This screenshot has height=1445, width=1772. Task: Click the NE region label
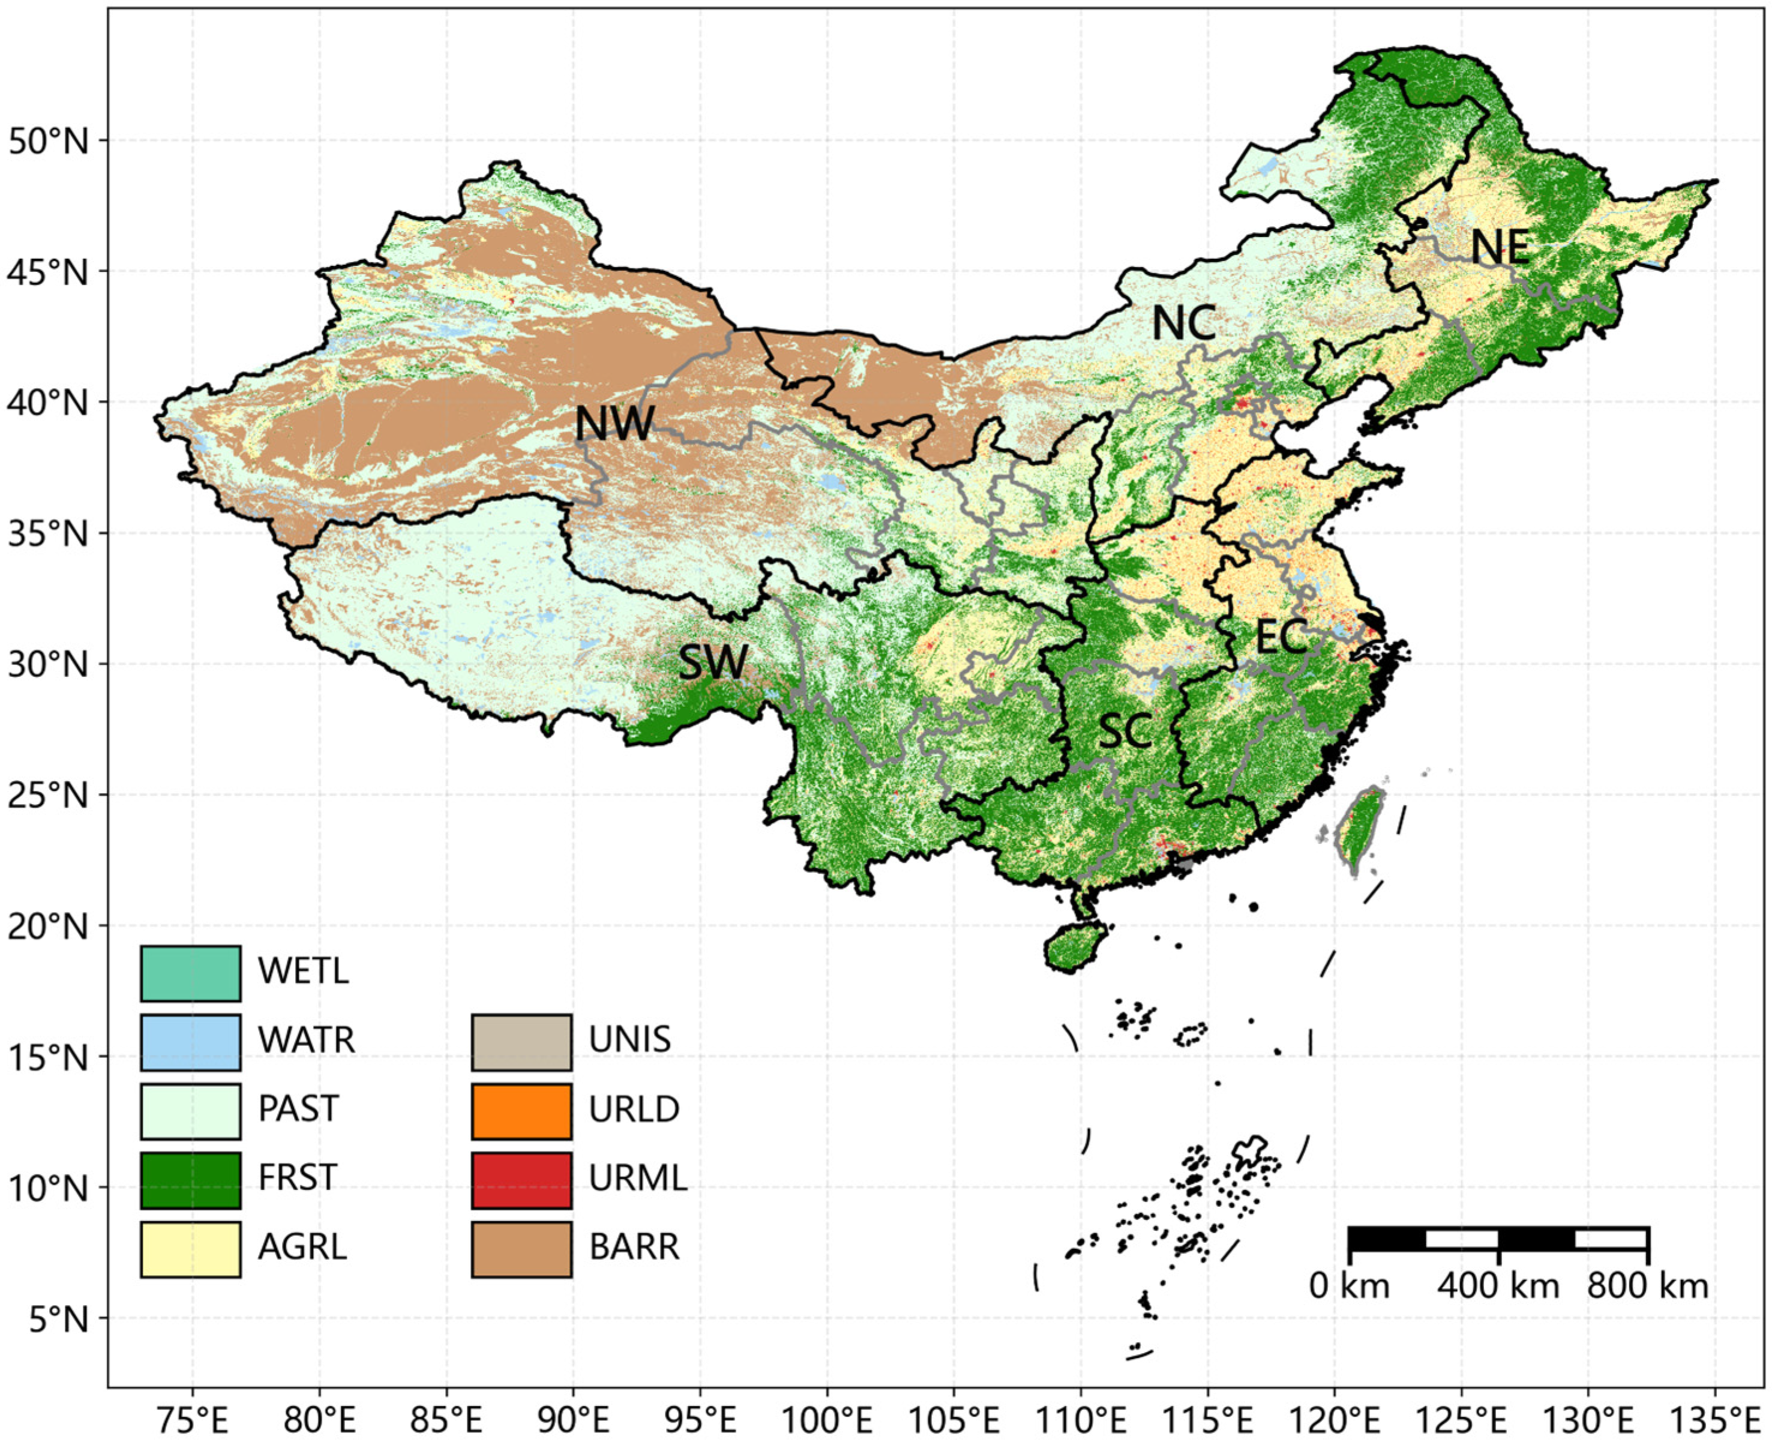[x=1499, y=247]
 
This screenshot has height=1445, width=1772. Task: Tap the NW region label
[x=614, y=423]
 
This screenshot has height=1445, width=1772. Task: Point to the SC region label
[x=1125, y=731]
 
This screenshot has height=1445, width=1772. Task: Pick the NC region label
[x=1183, y=322]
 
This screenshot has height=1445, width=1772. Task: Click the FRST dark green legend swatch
[x=191, y=1180]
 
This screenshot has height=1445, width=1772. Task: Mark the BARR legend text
[x=634, y=1247]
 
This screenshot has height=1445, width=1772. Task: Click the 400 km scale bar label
[x=1497, y=1287]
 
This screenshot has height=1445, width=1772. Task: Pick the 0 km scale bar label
[x=1349, y=1287]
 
